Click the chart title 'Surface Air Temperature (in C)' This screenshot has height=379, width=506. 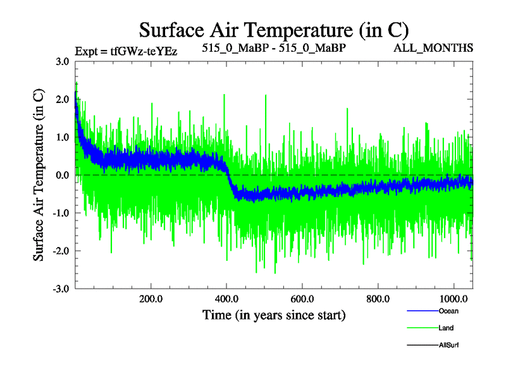pos(274,29)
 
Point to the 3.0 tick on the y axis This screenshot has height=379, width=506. pos(62,61)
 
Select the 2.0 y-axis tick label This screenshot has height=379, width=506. pos(62,99)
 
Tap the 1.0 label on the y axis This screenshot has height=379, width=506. pos(62,137)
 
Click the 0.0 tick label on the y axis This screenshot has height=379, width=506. pos(62,175)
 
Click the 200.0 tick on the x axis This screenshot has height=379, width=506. pos(151,299)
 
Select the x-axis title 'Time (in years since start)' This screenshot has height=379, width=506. pos(274,314)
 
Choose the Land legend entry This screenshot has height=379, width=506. pos(445,328)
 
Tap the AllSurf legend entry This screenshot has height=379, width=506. pos(448,345)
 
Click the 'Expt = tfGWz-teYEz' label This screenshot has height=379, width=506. pos(126,51)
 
